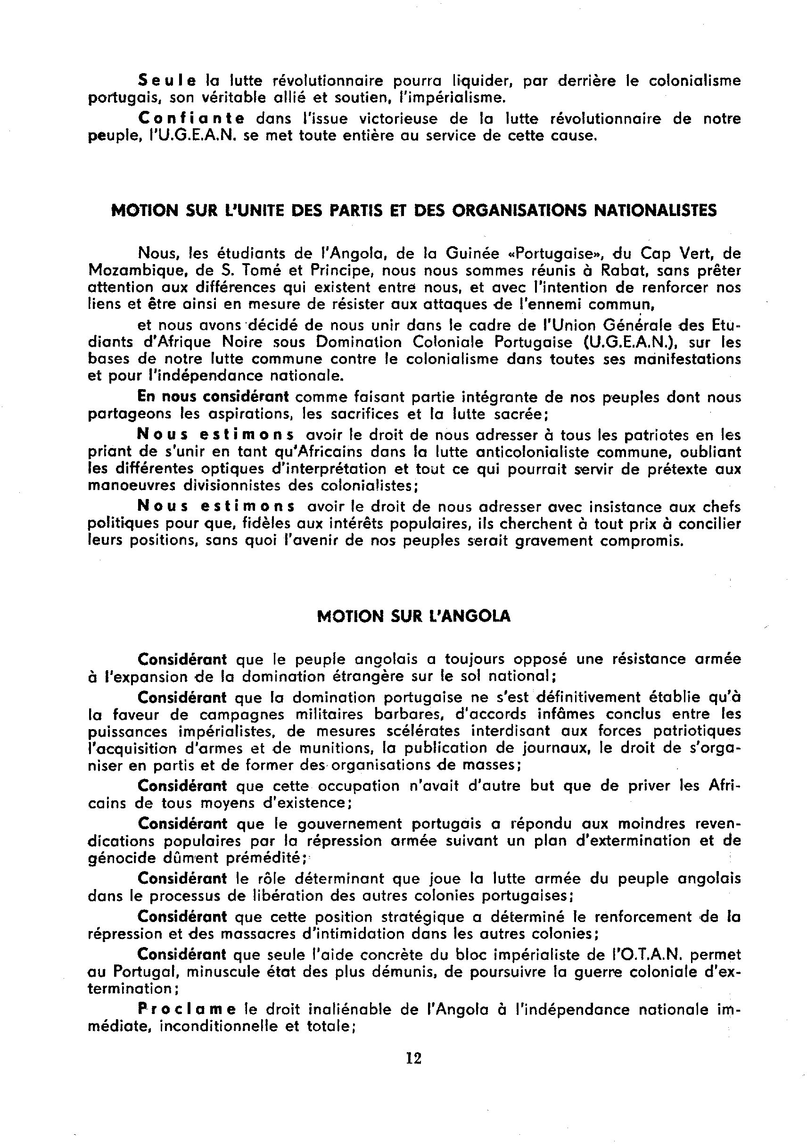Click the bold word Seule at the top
pos(167,81)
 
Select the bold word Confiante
pos(191,119)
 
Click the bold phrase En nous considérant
pos(213,397)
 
